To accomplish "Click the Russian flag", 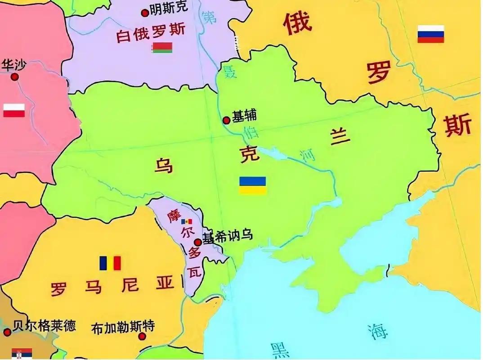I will click(x=430, y=34).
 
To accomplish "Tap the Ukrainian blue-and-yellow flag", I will click(x=252, y=185).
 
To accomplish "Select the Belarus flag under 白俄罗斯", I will click(x=162, y=48).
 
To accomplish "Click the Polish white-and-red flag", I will click(x=14, y=110).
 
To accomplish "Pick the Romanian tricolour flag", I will click(x=111, y=263).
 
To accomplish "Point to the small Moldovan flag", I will click(x=186, y=222).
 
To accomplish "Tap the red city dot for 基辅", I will click(x=227, y=120).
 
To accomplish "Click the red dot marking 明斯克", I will click(x=145, y=13).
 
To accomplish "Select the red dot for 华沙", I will click(x=15, y=77).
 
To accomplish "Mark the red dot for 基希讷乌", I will click(x=197, y=242).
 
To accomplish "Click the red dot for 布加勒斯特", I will click(x=142, y=336).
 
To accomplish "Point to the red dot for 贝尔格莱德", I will click(x=7, y=332).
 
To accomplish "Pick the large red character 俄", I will click(x=297, y=22).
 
